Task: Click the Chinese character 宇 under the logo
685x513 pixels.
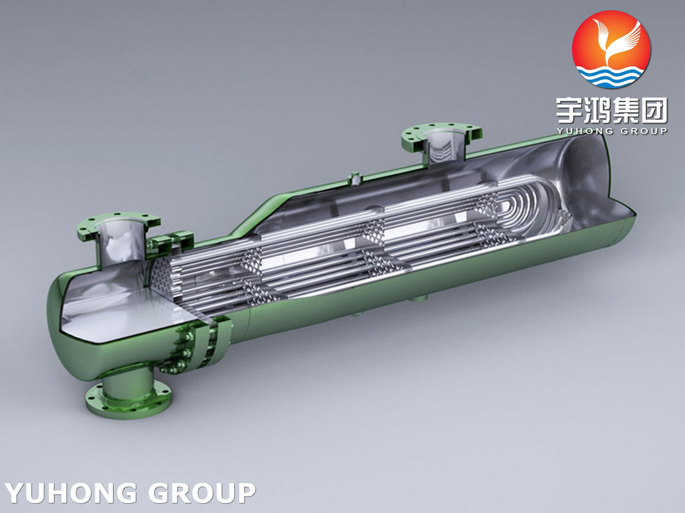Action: click(x=569, y=110)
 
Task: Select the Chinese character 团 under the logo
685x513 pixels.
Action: click(x=654, y=110)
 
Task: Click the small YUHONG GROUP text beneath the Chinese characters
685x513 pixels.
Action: click(x=611, y=131)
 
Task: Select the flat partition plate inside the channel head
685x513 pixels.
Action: click(x=122, y=308)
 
